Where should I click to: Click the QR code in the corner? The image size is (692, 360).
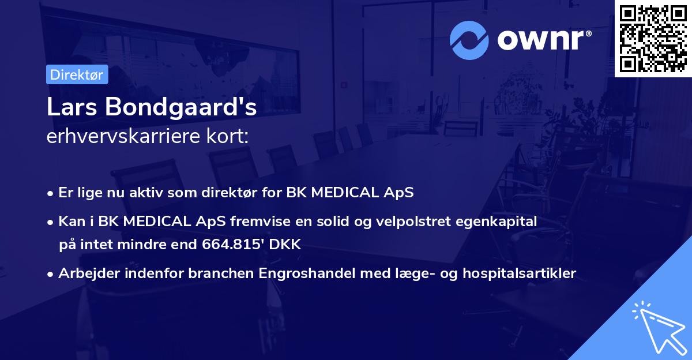(x=653, y=38)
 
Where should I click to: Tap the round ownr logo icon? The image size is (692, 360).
(x=469, y=40)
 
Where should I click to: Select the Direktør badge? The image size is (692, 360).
(x=77, y=74)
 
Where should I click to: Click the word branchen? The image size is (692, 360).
(x=221, y=273)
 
